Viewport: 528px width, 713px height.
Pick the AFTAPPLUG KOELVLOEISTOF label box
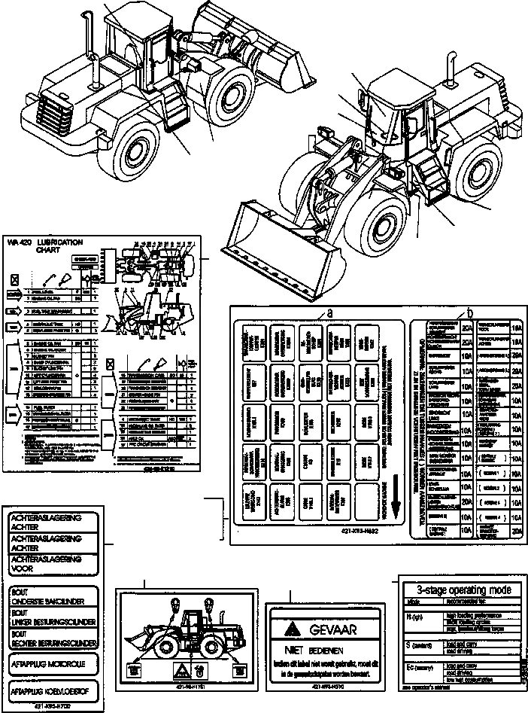click(x=53, y=690)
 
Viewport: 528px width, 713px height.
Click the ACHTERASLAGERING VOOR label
click(x=53, y=565)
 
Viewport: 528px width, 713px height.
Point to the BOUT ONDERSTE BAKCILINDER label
click(x=53, y=598)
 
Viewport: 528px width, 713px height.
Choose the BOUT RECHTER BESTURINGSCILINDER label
click(x=53, y=639)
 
